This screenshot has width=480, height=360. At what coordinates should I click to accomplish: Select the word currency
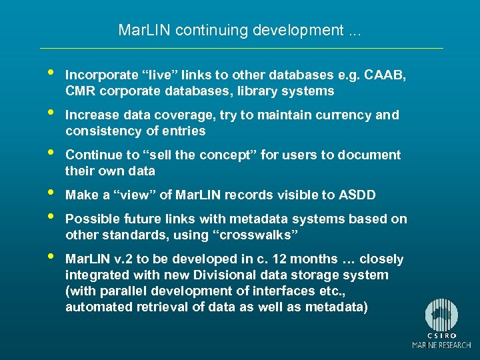coord(340,115)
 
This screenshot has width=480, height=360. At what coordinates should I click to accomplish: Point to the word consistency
coord(105,131)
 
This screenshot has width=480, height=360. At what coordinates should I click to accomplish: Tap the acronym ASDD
coord(357,195)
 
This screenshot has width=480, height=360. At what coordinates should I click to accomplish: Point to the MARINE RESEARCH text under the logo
coord(441,345)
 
